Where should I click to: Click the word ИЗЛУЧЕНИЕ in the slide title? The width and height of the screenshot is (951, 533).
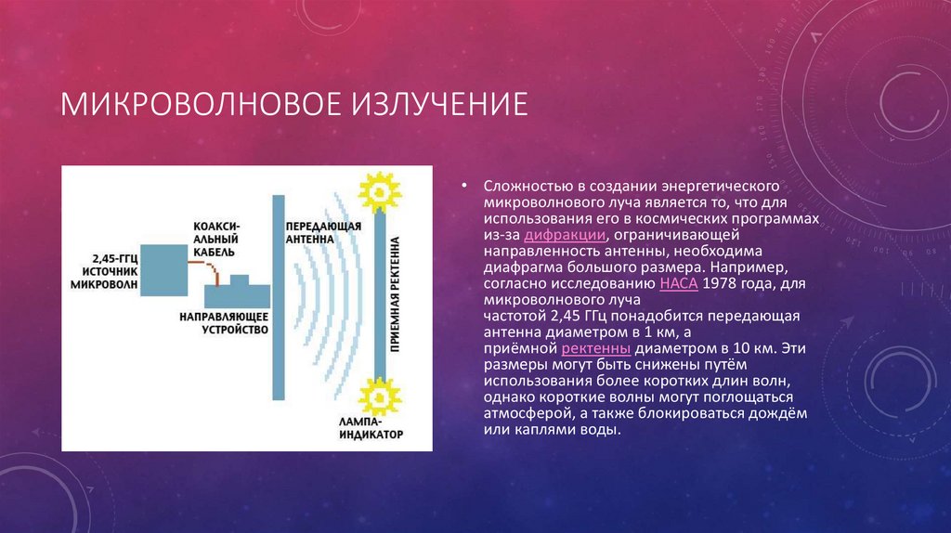439,104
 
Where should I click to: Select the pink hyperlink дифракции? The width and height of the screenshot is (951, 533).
565,235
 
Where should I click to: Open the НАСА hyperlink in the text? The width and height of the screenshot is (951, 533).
679,283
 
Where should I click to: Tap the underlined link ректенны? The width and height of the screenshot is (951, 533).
596,348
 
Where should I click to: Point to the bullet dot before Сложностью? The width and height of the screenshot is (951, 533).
464,185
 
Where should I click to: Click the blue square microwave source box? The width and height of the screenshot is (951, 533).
163,270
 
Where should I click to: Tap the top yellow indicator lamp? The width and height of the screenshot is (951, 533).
380,192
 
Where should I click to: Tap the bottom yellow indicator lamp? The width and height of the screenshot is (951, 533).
380,397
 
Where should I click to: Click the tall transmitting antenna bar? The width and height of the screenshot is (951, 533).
279,297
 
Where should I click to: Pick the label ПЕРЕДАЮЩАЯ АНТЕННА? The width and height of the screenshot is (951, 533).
323,233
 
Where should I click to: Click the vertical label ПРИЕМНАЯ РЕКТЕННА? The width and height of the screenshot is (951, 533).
395,294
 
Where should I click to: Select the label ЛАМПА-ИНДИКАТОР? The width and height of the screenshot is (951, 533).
371,428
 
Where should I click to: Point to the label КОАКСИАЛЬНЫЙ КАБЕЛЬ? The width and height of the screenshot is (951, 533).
215,239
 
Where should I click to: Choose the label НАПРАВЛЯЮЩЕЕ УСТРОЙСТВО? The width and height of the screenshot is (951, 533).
224,323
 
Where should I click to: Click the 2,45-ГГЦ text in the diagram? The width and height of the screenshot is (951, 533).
114,259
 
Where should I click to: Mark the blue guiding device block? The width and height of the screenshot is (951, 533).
237,292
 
